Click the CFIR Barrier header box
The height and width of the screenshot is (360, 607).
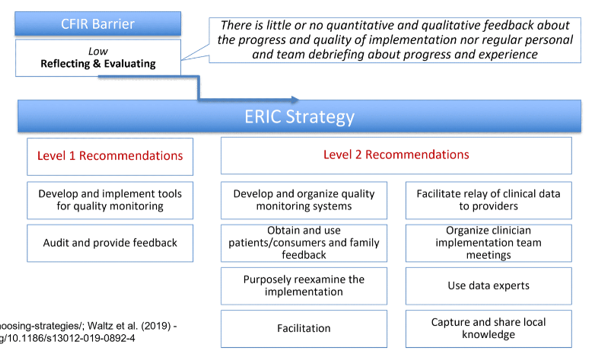tap(98, 22)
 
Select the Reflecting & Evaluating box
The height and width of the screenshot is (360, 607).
tap(98, 57)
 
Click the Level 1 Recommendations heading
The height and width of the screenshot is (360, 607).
tap(109, 156)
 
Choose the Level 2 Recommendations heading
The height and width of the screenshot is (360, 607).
tap(396, 155)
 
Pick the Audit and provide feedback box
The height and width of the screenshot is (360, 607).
tap(109, 242)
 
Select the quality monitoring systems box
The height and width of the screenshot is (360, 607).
tap(304, 199)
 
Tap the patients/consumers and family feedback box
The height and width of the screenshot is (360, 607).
tap(304, 242)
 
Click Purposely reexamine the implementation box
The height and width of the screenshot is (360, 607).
tap(304, 285)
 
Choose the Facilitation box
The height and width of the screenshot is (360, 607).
tap(304, 327)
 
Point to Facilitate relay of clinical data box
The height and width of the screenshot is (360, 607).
tap(488, 199)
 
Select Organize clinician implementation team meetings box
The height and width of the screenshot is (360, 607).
tap(488, 242)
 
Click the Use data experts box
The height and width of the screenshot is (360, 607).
tap(488, 286)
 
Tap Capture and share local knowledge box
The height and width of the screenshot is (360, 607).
tap(488, 328)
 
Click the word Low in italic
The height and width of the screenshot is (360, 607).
tap(98, 49)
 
